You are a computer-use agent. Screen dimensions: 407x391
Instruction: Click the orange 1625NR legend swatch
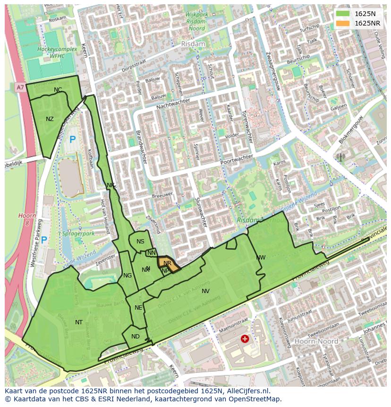point(343,23)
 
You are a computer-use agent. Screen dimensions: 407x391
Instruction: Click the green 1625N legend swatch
point(343,14)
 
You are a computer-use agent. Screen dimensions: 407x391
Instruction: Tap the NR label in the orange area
point(167,263)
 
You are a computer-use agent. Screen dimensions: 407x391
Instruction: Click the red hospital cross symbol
point(245,338)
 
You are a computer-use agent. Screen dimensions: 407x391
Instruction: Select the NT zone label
point(79,322)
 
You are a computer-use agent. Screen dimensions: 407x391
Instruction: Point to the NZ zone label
point(50,119)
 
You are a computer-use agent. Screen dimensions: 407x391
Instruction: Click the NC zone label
point(58,90)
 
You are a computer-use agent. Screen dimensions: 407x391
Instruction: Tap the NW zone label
point(261,258)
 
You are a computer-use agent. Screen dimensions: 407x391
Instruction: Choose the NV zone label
point(205,291)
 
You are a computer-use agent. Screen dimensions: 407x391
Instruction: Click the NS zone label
point(140,242)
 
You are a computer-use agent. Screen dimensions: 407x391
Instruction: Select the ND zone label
point(136,337)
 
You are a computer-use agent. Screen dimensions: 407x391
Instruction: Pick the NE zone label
point(138,308)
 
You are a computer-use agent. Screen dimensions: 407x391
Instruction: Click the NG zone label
point(127,276)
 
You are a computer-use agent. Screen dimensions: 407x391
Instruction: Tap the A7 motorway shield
point(19,87)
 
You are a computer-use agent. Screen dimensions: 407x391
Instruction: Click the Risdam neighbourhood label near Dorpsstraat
point(193,43)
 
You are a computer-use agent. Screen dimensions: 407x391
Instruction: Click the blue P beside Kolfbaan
point(72,139)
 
